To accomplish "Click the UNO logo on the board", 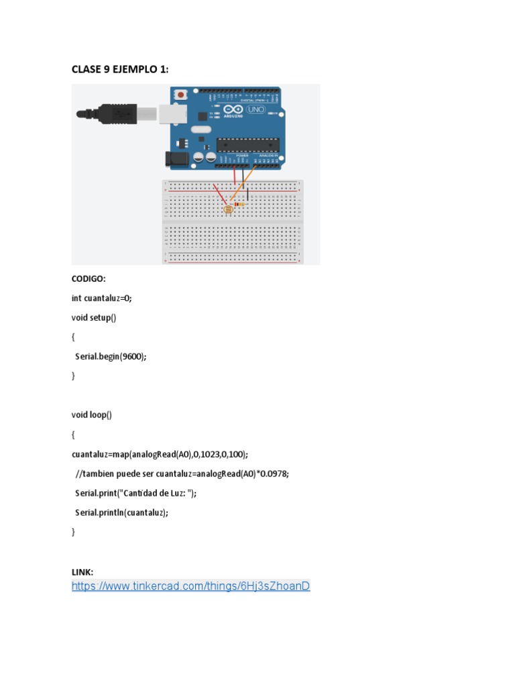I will point(256,109).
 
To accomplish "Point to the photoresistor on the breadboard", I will point(228,209).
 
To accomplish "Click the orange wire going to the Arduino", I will point(244,182).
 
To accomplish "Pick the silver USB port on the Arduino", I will point(172,113).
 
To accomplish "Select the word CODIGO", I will point(89,278).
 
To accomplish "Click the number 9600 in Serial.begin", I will point(130,356).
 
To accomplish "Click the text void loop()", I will point(92,415).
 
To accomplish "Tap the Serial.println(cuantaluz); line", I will point(121,513).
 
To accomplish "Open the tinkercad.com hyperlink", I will point(190,586).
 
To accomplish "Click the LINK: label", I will point(82,572).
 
